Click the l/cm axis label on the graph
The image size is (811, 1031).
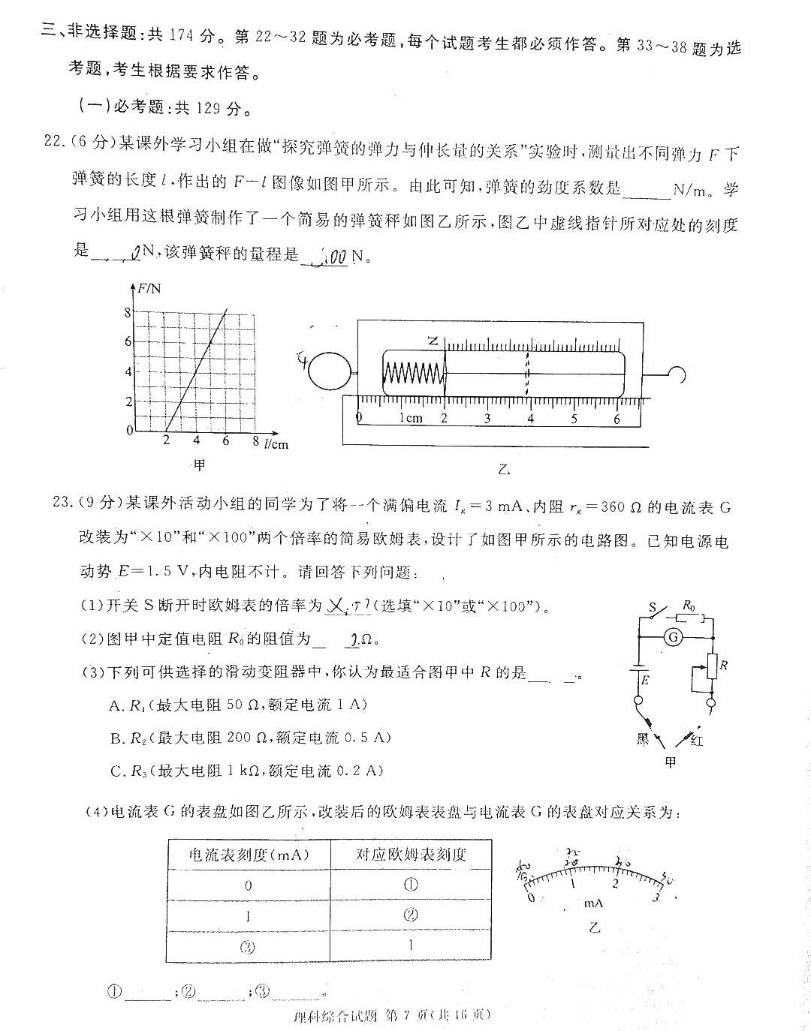[276, 443]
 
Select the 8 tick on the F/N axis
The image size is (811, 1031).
[128, 312]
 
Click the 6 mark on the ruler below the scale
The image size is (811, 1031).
[617, 419]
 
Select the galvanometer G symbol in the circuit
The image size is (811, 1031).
[674, 637]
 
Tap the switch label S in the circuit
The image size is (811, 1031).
[653, 607]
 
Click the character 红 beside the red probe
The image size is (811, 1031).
[697, 741]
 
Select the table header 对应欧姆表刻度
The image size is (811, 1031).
[411, 854]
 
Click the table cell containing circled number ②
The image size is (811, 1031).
[411, 915]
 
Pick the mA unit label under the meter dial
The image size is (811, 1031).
[593, 903]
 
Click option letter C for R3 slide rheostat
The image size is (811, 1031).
[116, 771]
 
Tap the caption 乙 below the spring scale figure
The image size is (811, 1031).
[504, 470]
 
